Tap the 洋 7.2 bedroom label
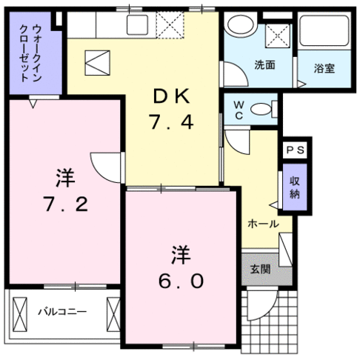(64, 191)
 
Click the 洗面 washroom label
(265, 65)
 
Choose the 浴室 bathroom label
(324, 69)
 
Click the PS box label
(296, 150)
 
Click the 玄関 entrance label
(260, 269)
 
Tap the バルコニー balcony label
(62, 312)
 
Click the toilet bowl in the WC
(261, 109)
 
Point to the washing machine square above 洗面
(278, 33)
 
